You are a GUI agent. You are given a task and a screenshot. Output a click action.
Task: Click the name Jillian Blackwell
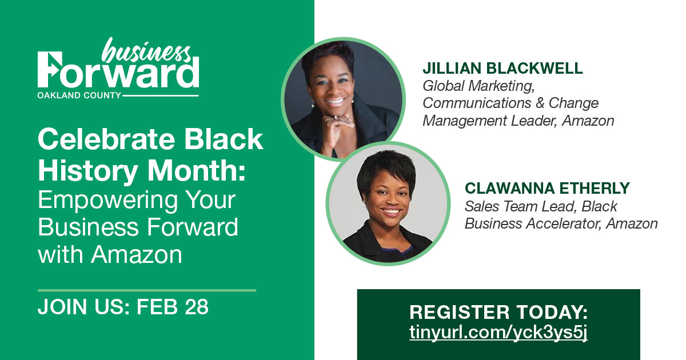502,69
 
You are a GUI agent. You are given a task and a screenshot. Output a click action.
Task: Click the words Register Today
498,313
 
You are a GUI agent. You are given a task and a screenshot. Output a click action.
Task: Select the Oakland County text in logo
79,95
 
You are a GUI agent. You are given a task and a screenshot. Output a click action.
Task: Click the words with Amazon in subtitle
110,254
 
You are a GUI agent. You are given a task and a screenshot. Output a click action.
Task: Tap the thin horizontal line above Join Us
147,290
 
